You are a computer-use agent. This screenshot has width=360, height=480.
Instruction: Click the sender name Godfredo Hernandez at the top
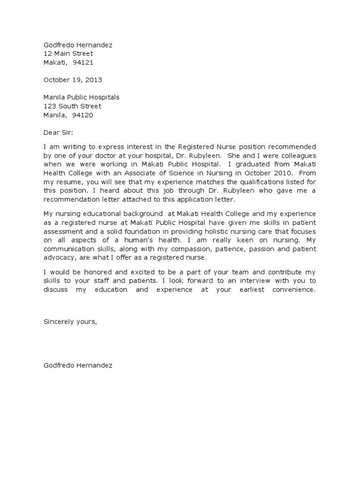78,45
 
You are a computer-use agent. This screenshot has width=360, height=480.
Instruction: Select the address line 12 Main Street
68,53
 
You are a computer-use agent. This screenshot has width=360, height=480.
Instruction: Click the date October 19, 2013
73,80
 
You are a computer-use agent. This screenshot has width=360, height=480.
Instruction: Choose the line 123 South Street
72,106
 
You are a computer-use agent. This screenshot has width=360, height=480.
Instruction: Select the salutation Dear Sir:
59,133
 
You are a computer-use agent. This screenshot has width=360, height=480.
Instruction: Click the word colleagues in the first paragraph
297,156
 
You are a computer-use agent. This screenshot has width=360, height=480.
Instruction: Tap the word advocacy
59,258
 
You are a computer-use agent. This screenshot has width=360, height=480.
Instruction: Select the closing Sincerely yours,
70,322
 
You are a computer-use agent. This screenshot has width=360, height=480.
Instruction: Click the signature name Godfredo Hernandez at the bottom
78,365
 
